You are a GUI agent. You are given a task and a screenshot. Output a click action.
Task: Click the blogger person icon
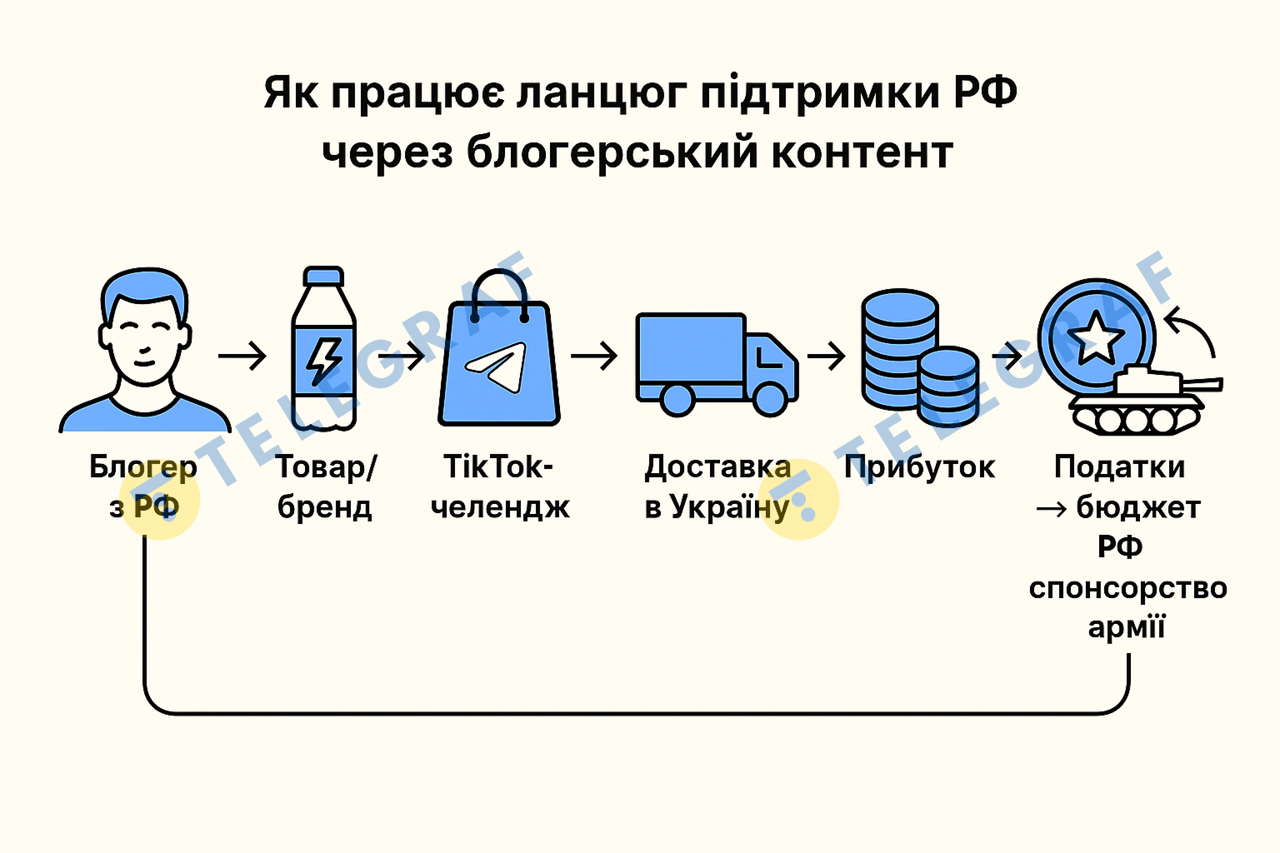pyautogui.click(x=145, y=350)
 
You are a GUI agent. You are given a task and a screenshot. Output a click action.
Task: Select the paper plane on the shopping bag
pyautogui.click(x=498, y=367)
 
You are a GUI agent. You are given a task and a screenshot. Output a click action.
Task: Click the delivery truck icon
pyautogui.click(x=715, y=363)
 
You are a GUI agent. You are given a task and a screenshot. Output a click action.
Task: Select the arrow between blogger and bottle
pyautogui.click(x=242, y=356)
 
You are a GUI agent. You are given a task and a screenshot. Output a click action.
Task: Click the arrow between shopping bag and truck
pyautogui.click(x=594, y=356)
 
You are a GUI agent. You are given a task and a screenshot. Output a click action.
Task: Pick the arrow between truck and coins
pyautogui.click(x=826, y=356)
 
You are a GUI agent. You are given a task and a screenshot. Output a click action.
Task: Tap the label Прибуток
pyautogui.click(x=919, y=467)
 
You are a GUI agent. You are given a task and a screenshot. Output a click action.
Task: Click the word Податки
pyautogui.click(x=1119, y=467)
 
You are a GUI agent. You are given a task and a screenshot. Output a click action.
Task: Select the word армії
pyautogui.click(x=1126, y=626)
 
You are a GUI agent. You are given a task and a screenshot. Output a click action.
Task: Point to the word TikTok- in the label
pyautogui.click(x=497, y=467)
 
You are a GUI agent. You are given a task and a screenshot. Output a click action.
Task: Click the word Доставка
pyautogui.click(x=717, y=467)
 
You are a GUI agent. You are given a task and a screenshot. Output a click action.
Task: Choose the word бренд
pyautogui.click(x=324, y=506)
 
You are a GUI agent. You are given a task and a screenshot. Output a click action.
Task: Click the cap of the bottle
pyautogui.click(x=324, y=277)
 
